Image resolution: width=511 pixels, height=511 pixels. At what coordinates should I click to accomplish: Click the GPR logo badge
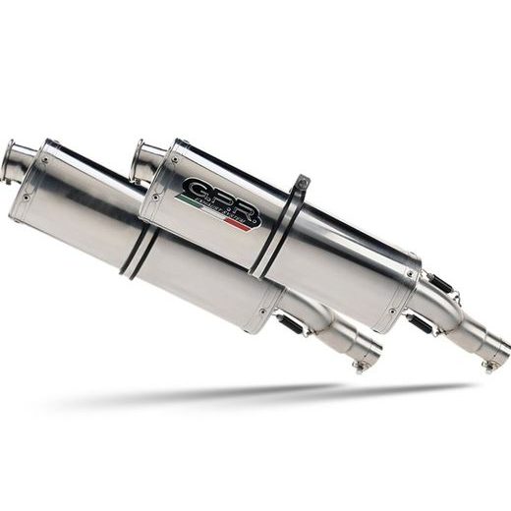[x=218, y=201]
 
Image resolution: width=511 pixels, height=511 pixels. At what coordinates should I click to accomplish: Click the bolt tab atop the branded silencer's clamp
[x=302, y=183]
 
